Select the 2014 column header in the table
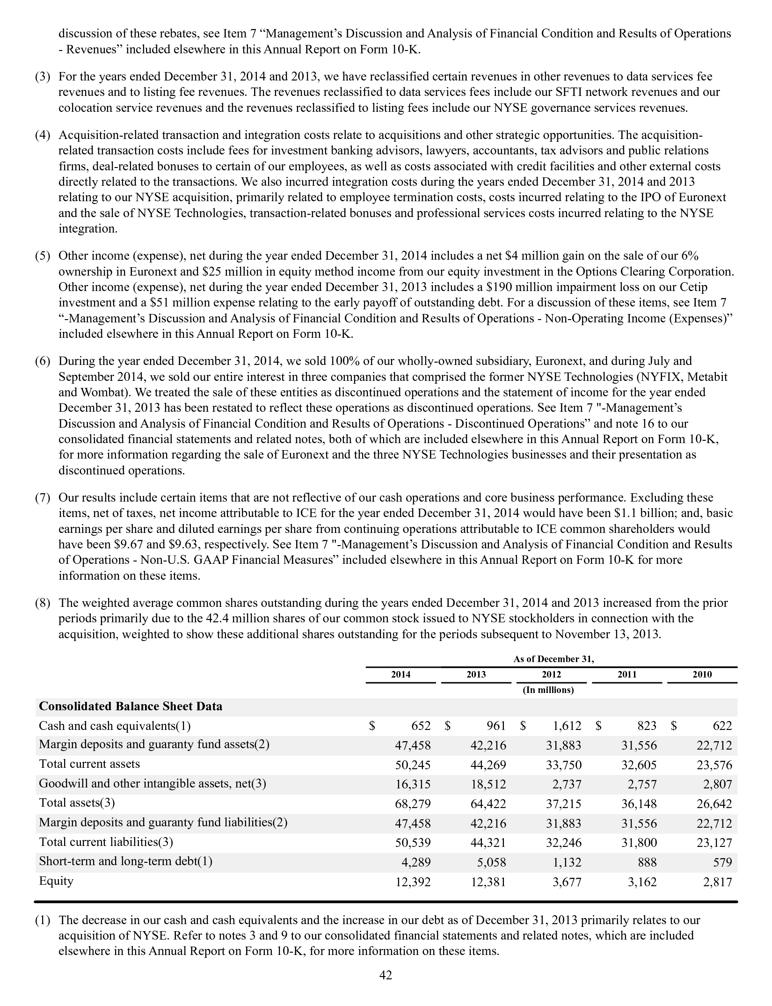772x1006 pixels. click(x=401, y=674)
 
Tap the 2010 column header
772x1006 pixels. click(x=702, y=674)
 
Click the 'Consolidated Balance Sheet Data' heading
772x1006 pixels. click(x=131, y=706)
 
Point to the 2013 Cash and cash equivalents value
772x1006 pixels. click(x=496, y=726)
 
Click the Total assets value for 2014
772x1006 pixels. click(x=413, y=804)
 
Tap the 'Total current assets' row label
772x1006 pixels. click(x=89, y=764)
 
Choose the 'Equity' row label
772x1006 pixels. click(x=56, y=881)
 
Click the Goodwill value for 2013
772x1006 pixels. click(x=488, y=784)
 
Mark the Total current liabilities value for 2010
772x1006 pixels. click(x=714, y=843)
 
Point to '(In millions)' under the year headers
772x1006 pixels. click(x=548, y=690)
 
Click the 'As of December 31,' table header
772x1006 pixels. click(x=554, y=659)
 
